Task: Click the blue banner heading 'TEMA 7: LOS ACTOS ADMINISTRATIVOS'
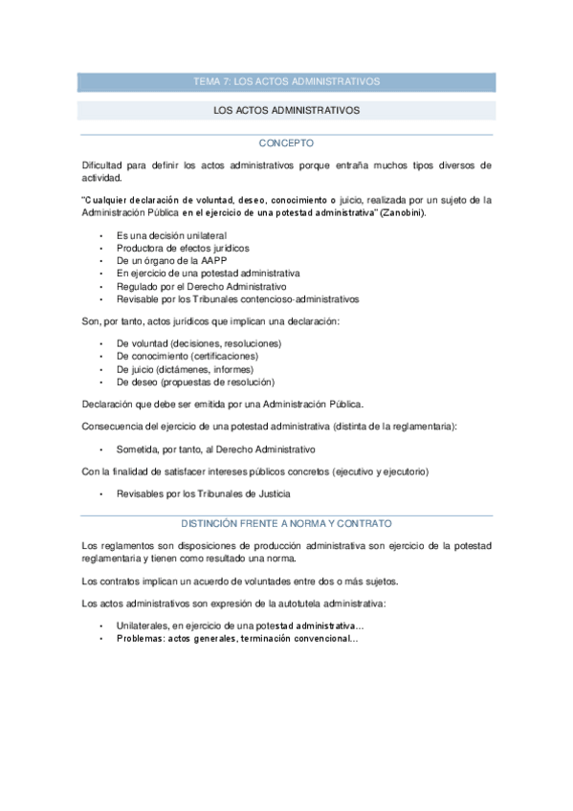(287, 82)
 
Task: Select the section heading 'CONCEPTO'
(287, 143)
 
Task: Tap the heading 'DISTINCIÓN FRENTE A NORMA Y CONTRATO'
(287, 524)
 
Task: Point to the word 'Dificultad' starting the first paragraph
(103, 165)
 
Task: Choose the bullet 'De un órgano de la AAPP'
(165, 259)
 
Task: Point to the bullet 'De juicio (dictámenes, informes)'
(185, 369)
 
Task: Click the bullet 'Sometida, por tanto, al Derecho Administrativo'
(215, 449)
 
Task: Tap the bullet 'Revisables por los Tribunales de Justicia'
(203, 493)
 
